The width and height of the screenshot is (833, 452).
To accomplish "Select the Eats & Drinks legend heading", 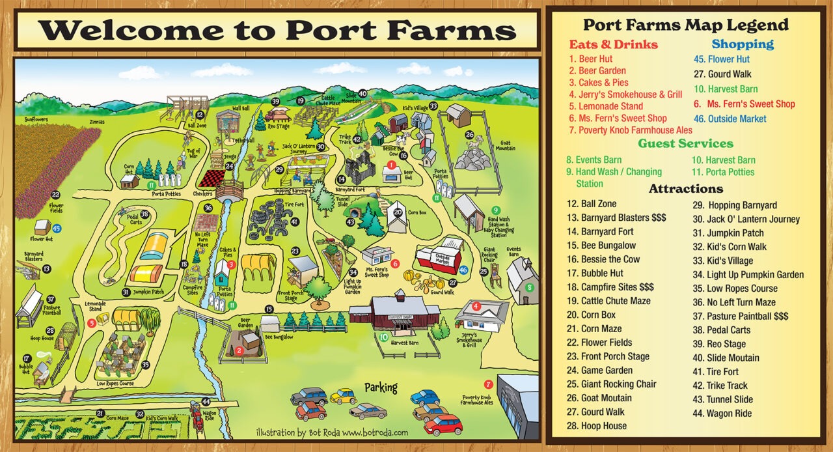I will click(x=613, y=45).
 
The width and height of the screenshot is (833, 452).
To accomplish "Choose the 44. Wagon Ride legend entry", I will click(x=722, y=413).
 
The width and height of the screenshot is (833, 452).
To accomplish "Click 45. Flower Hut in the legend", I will click(x=721, y=59).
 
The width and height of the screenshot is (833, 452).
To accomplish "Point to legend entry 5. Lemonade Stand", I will click(x=606, y=106).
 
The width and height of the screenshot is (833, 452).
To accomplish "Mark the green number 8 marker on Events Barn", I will click(x=529, y=287).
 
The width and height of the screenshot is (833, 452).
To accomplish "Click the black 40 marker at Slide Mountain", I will click(x=362, y=93).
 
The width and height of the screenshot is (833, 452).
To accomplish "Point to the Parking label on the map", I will click(x=381, y=387).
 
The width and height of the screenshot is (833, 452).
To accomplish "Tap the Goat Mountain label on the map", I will click(x=505, y=145).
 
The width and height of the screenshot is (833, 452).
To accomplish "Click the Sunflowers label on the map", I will click(x=37, y=120).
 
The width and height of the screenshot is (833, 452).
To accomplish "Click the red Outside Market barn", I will click(x=441, y=255).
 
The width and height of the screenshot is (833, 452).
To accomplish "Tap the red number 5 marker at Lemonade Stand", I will click(x=92, y=322).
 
